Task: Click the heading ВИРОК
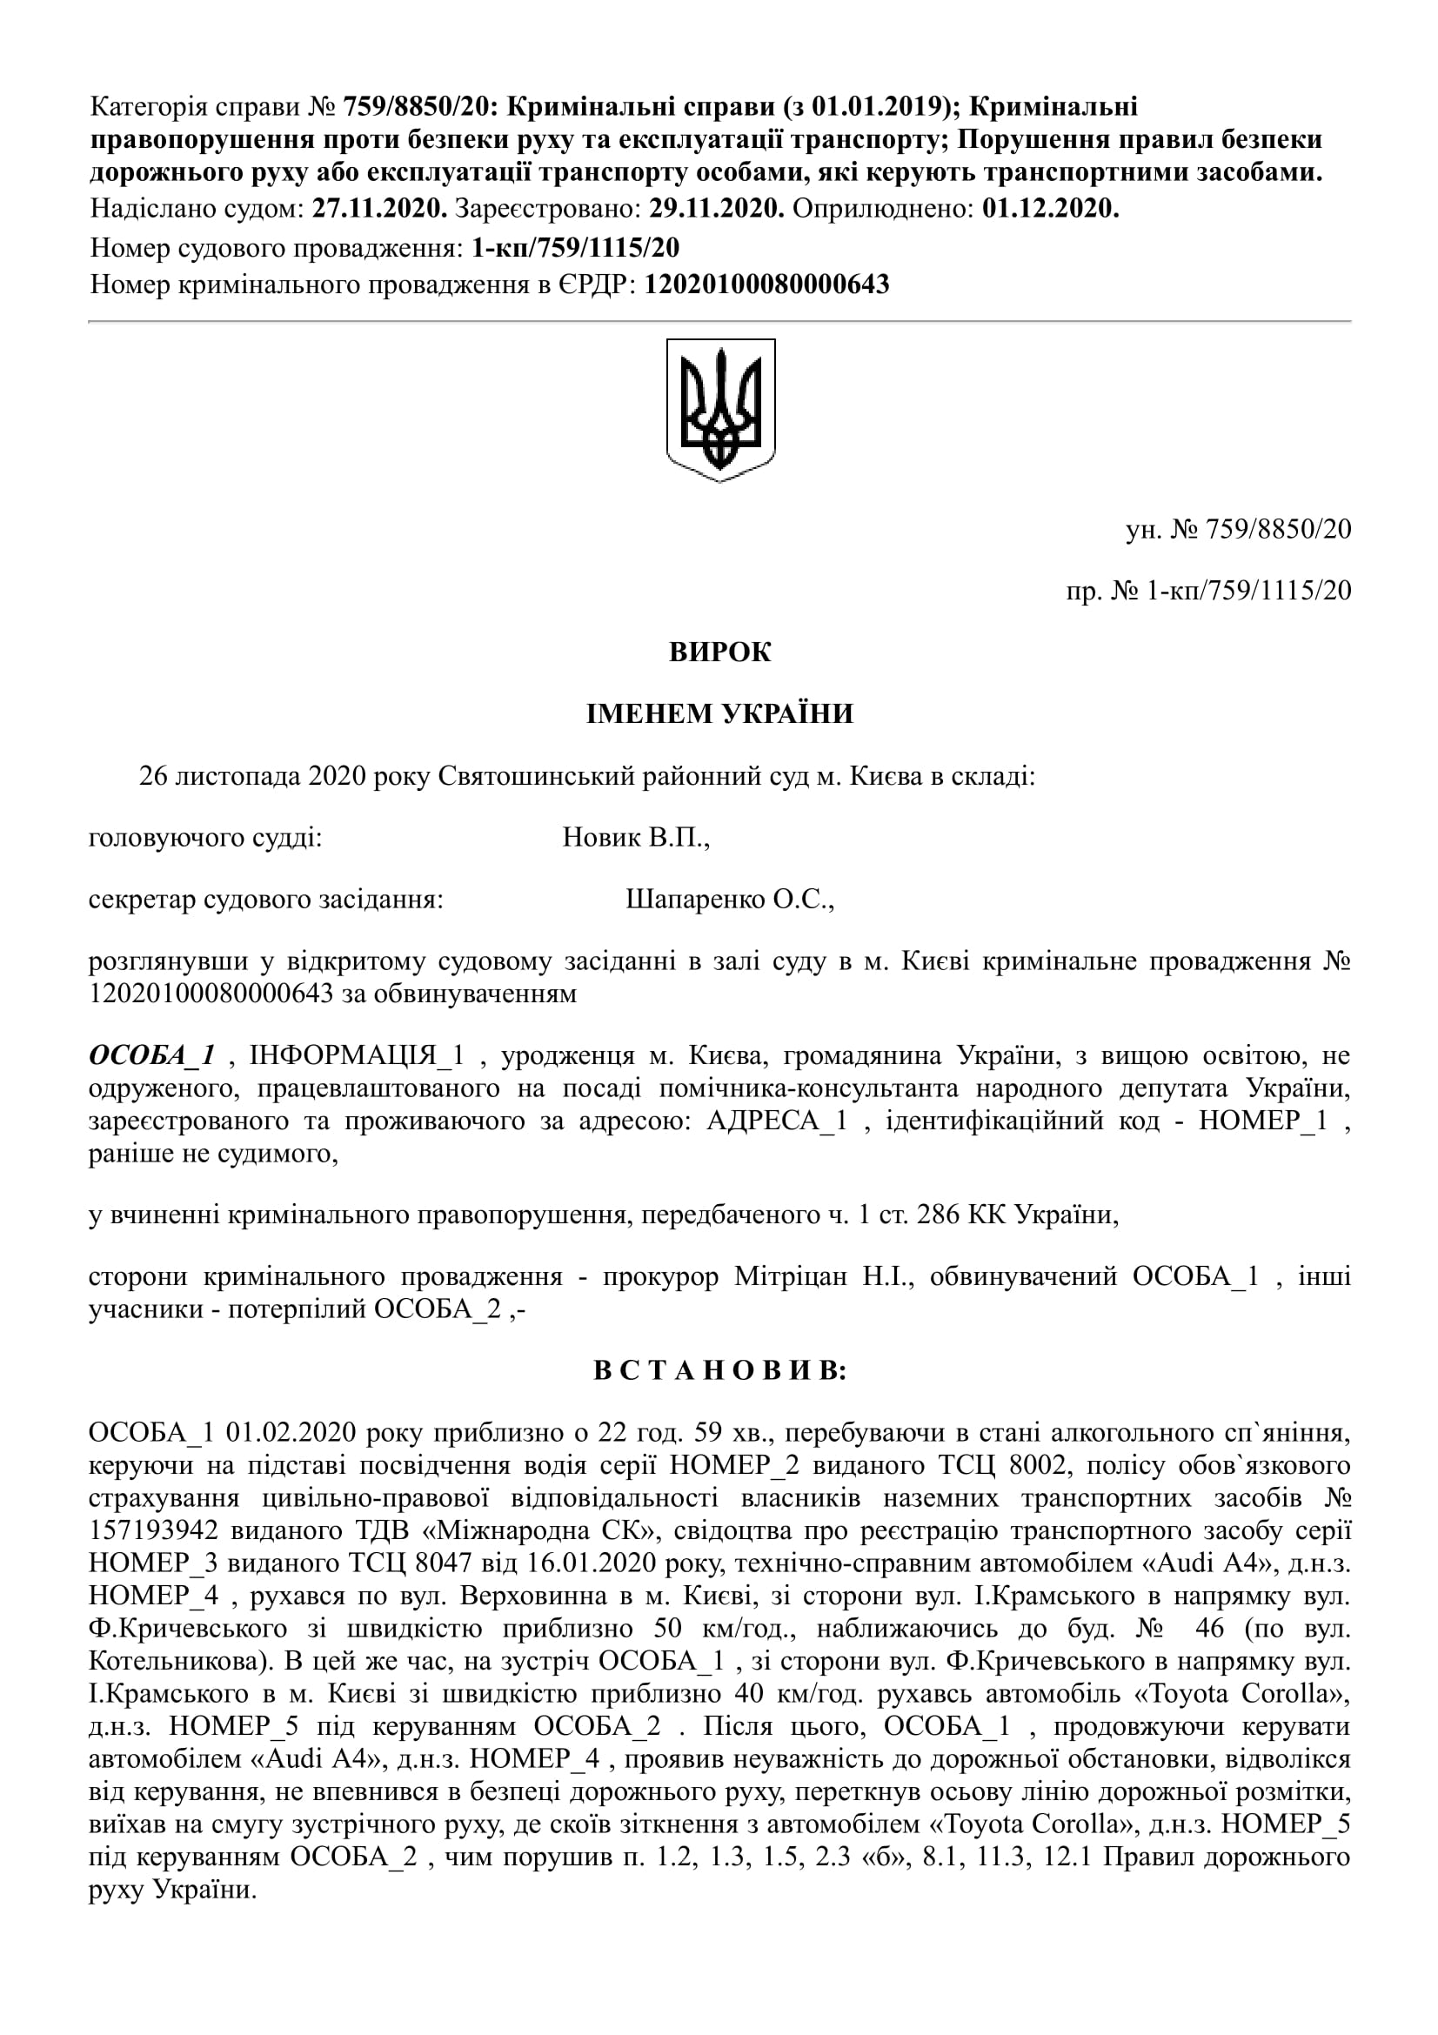[719, 652]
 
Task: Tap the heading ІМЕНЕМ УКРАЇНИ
[719, 713]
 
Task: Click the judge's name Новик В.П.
[635, 838]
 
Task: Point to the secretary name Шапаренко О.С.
[730, 900]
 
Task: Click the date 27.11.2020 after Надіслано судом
[380, 209]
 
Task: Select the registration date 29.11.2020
[716, 209]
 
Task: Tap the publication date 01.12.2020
[1050, 209]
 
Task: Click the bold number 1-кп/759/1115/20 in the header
[576, 247]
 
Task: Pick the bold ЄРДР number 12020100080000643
[766, 284]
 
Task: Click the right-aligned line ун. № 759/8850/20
[1238, 529]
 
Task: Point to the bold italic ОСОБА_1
[151, 1054]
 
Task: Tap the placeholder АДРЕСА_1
[776, 1121]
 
